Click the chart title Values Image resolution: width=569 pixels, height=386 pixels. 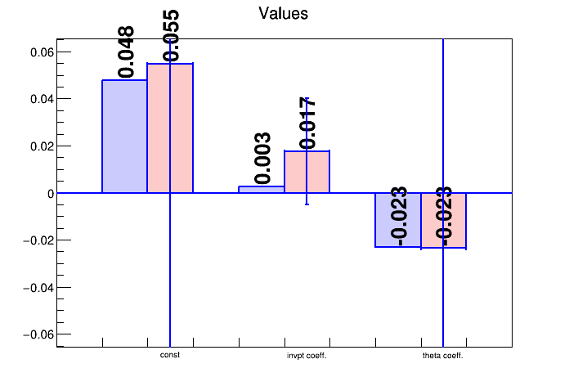point(283,13)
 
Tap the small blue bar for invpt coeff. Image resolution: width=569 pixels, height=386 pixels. point(262,190)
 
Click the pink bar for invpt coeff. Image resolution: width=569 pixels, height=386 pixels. point(318,172)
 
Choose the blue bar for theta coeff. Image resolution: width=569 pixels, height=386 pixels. point(397,220)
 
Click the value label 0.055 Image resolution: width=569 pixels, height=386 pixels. point(172,36)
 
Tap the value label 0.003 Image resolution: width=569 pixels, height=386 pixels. point(263,159)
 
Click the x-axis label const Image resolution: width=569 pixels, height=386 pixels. point(170,356)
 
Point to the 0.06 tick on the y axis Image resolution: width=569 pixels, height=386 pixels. point(41,52)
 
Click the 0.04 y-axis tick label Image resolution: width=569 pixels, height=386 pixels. point(41,99)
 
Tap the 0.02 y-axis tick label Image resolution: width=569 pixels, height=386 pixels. point(41,146)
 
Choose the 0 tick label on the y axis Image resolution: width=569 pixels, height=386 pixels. point(50,194)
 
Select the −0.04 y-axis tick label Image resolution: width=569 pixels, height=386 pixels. point(37,288)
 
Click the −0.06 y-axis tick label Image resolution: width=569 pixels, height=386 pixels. point(37,334)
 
